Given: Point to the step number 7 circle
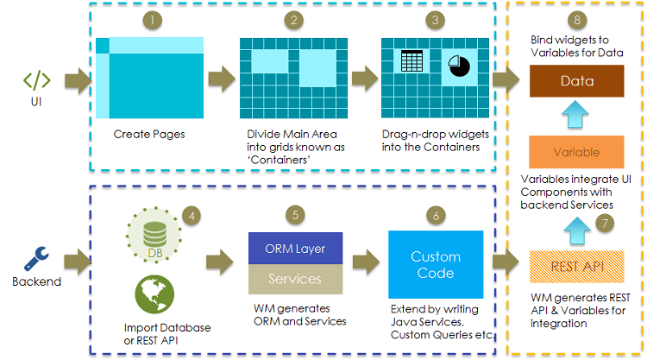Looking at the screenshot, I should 606,223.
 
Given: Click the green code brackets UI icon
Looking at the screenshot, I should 36,81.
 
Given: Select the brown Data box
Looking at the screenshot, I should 576,82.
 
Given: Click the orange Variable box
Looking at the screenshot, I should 576,152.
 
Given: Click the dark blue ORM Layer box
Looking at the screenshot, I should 295,249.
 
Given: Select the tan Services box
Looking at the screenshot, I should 295,280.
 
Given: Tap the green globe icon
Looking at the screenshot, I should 152,293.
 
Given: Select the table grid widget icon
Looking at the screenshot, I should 411,61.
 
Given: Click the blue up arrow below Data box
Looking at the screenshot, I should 576,117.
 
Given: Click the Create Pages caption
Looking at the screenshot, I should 149,135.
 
